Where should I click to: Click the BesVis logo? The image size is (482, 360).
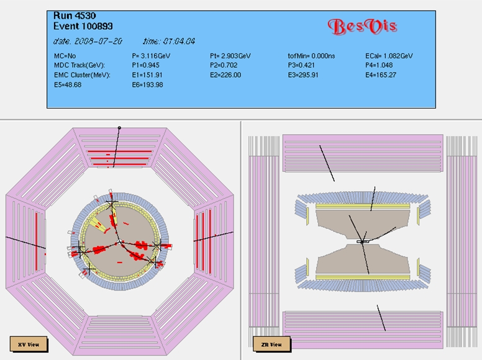click(x=362, y=27)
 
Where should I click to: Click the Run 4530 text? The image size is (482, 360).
click(x=75, y=16)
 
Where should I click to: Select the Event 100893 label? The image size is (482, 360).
click(x=83, y=26)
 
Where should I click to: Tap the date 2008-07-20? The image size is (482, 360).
click(x=88, y=41)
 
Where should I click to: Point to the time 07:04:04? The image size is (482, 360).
click(x=169, y=41)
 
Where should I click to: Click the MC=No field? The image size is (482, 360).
click(x=65, y=56)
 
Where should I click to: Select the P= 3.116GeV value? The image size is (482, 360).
click(x=151, y=56)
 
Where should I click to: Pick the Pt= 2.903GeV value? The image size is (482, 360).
click(x=230, y=56)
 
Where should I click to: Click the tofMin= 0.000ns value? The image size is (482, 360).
click(x=311, y=56)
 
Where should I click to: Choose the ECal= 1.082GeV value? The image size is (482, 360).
click(x=389, y=56)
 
